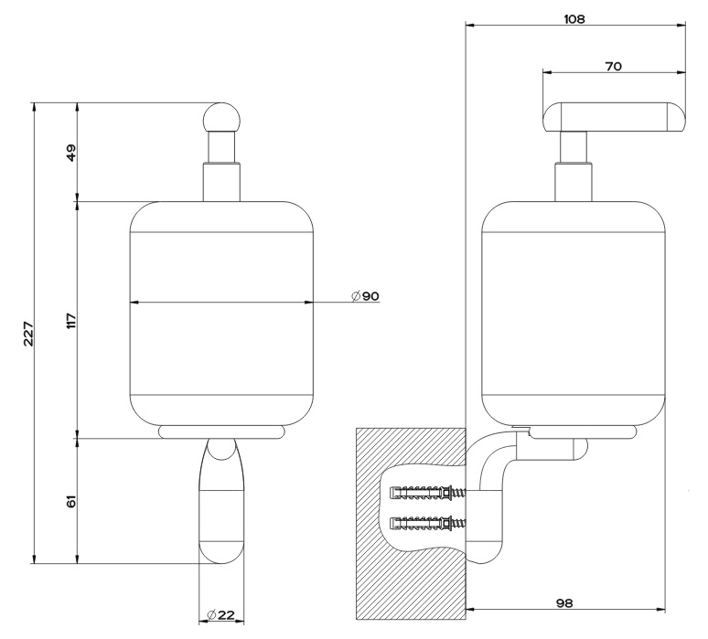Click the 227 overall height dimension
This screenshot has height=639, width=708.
tap(28, 334)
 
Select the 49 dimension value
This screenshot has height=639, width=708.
tap(71, 153)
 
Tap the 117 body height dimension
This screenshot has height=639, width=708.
tap(71, 320)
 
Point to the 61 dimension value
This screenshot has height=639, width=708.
tap(71, 501)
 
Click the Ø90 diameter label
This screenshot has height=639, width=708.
tap(365, 296)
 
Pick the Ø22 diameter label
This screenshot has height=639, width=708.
tap(220, 614)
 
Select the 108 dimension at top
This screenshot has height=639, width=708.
tap(574, 19)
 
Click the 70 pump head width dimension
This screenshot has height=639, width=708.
tap(613, 67)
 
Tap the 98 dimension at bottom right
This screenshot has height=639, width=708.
tap(564, 603)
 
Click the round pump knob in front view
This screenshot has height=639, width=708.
tap(221, 117)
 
